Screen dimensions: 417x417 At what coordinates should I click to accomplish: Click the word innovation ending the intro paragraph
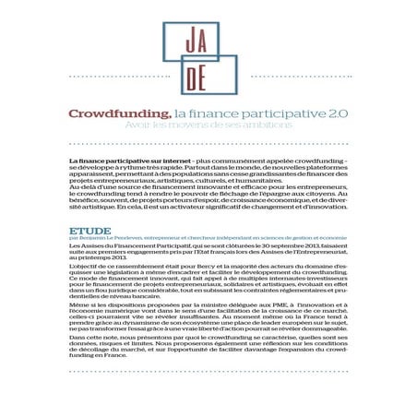coord(328,208)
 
